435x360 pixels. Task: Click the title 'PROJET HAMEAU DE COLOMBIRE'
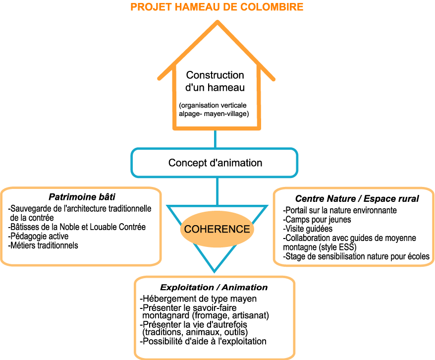[217, 7]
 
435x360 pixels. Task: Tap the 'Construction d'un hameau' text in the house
[215, 81]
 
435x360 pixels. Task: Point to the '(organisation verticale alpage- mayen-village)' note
[214, 110]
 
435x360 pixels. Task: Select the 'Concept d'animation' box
[215, 163]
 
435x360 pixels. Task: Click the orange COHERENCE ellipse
[217, 229]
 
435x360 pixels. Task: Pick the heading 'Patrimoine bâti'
[82, 196]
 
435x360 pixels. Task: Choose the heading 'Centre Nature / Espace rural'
[357, 198]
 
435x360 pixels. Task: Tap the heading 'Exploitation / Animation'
[214, 288]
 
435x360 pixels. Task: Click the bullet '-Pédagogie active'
[39, 236]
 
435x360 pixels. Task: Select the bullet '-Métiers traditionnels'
[44, 245]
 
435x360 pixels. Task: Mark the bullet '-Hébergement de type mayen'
[199, 299]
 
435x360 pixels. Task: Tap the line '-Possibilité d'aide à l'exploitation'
[204, 341]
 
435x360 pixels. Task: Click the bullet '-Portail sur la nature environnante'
[339, 210]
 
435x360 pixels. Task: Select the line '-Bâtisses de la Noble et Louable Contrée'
[77, 227]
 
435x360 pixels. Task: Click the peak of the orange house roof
[216, 22]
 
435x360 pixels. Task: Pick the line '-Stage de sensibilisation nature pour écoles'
[356, 256]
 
